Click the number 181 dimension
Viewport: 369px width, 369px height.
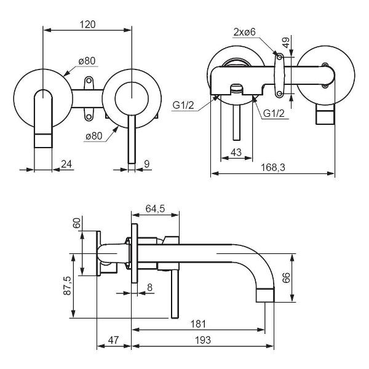(x=198, y=324)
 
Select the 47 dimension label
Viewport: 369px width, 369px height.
(x=114, y=340)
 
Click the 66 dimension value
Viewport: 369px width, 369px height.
(x=285, y=277)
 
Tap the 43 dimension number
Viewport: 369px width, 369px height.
(x=235, y=152)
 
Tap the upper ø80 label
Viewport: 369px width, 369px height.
(x=85, y=60)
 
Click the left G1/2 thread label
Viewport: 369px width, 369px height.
(x=183, y=105)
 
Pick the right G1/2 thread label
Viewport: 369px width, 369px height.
(x=275, y=114)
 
